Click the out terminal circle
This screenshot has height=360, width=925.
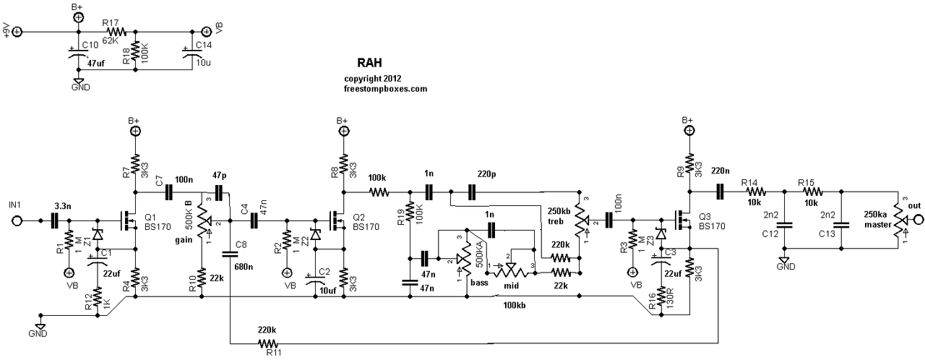(x=918, y=219)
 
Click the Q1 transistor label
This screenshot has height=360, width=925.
(x=151, y=216)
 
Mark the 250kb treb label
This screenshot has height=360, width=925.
(x=561, y=215)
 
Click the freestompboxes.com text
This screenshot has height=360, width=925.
(x=386, y=88)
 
